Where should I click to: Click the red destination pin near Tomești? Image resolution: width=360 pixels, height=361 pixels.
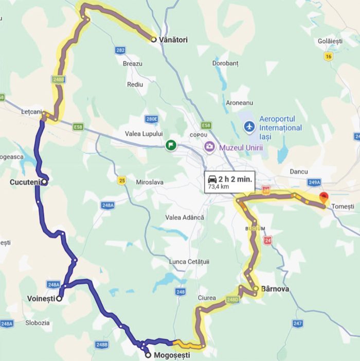click(x=323, y=197)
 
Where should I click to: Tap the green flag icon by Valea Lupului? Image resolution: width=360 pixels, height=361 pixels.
click(x=170, y=146)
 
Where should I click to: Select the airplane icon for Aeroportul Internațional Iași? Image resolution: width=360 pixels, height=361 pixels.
click(x=249, y=126)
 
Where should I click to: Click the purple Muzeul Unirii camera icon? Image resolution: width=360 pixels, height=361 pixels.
click(x=209, y=147)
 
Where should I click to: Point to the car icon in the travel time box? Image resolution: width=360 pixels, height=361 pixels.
click(x=212, y=179)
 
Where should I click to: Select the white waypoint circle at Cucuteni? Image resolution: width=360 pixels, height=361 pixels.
click(x=45, y=181)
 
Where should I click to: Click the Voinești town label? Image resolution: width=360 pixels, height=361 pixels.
click(x=41, y=298)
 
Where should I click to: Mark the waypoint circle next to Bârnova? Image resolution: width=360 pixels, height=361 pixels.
click(x=256, y=288)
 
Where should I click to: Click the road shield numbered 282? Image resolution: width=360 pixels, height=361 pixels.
click(x=120, y=50)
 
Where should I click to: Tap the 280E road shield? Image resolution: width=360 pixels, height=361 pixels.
click(x=151, y=119)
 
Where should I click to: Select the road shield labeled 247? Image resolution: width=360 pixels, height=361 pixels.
click(x=298, y=323)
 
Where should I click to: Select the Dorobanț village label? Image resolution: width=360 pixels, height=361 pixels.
click(x=225, y=63)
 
